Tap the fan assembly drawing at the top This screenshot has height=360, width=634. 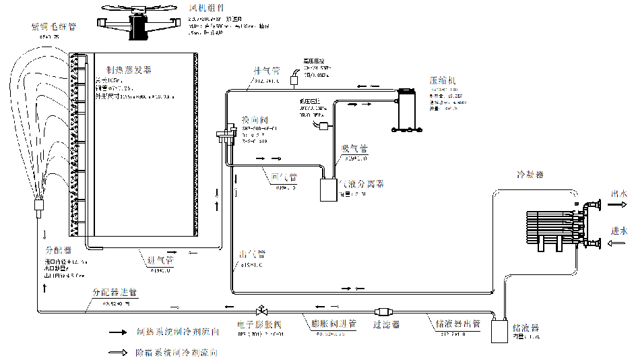point(141,23)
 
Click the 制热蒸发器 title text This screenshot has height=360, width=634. point(129,70)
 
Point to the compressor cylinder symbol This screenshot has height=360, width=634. point(406,109)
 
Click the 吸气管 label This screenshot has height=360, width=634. point(354,149)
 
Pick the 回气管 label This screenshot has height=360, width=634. point(284,178)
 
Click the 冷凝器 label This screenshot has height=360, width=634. point(530,174)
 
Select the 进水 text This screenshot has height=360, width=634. point(619,231)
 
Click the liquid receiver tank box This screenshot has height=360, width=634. point(499,331)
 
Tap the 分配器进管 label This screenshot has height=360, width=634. point(115,293)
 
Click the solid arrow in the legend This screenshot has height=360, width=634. point(119,332)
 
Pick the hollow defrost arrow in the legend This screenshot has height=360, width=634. point(119,352)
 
